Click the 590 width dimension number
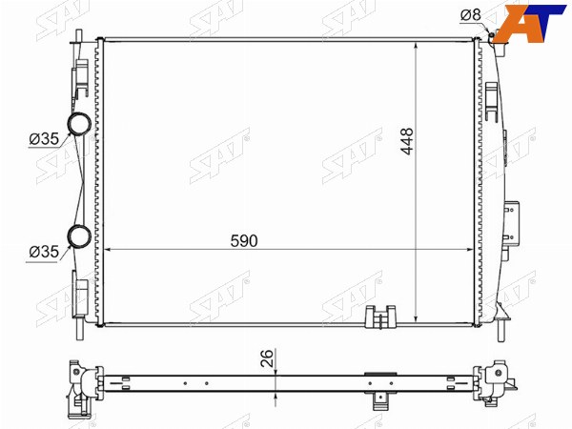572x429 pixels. tap(244, 241)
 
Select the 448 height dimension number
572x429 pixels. tap(407, 141)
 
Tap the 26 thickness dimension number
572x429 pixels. tap(267, 357)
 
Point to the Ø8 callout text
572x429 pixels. tap(471, 15)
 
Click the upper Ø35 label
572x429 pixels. tap(44, 139)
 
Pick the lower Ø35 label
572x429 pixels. tap(44, 252)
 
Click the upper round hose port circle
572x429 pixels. tap(79, 123)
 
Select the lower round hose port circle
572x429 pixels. tap(79, 236)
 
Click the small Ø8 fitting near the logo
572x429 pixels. tap(491, 35)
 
